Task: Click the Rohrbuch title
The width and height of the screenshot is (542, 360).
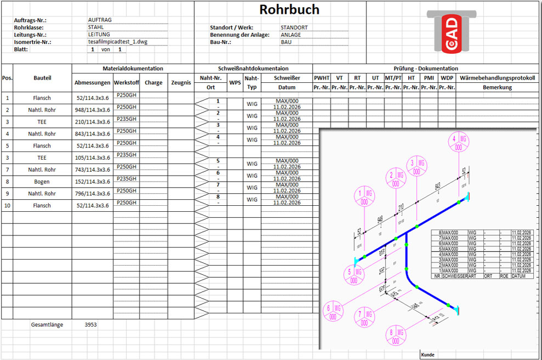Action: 289,10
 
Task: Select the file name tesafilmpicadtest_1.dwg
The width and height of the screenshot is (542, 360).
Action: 118,42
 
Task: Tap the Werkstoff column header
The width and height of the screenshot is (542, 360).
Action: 126,83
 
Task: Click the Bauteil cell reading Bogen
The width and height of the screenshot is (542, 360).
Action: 42,182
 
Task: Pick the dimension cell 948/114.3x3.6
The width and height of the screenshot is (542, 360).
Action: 93,110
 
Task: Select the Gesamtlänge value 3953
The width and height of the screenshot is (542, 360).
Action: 91,325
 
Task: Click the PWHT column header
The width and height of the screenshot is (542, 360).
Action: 321,78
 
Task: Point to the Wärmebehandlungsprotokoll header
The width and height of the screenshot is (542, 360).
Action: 497,78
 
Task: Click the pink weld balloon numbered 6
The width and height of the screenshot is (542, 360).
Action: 333,312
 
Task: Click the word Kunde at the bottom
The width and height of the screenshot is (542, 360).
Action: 427,355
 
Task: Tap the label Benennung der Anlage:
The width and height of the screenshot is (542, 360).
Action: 240,35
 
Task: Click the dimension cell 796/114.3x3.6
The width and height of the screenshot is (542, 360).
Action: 93,194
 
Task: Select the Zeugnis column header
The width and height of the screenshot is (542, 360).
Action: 180,83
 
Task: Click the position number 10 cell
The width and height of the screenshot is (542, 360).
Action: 7,206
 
